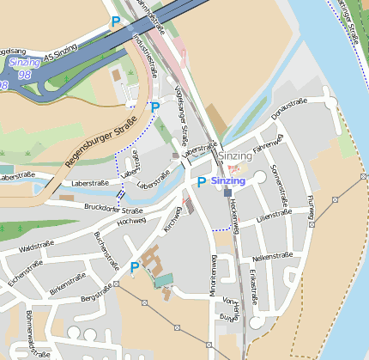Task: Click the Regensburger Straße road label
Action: point(101,141)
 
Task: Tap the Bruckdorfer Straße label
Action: point(113,210)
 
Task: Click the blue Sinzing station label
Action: point(228,181)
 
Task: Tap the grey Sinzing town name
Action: point(234,156)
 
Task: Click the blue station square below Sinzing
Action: point(227,193)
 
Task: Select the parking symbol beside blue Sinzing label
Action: point(202,182)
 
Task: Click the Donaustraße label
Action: point(289,108)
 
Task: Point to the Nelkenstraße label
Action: point(273,256)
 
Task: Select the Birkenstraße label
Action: point(69,284)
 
